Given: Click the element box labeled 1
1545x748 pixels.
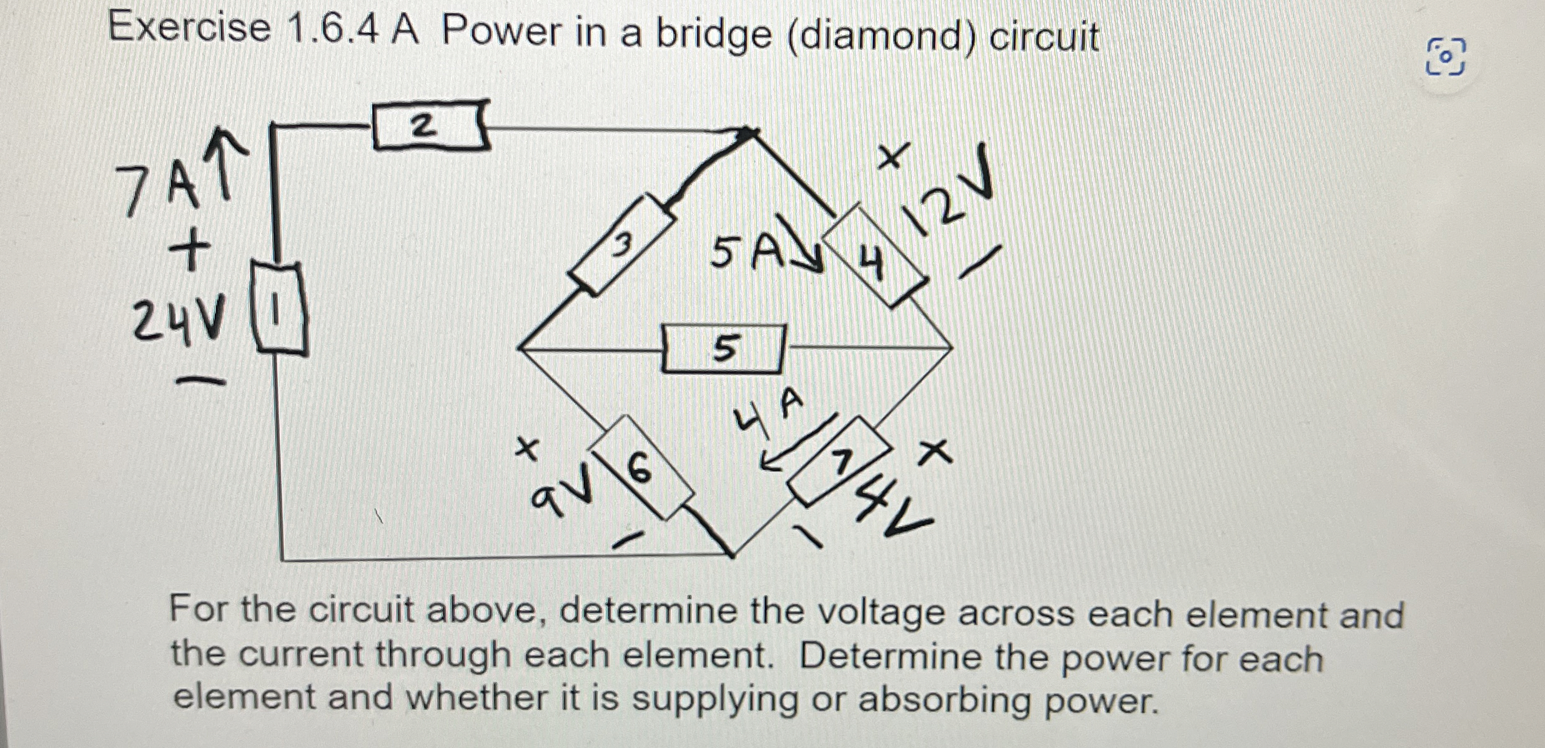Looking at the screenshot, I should pyautogui.click(x=279, y=309).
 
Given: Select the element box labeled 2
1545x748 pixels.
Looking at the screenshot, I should pyautogui.click(x=430, y=127).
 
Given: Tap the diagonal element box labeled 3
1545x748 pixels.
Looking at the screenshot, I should pyautogui.click(x=622, y=245).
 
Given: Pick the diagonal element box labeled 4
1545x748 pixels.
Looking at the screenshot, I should pyautogui.click(x=874, y=256).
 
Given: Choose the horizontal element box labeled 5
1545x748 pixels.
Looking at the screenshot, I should pyautogui.click(x=723, y=349).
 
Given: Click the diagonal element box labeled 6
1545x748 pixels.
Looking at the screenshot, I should pyautogui.click(x=642, y=467).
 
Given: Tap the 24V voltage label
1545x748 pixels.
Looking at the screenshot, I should pyautogui.click(x=179, y=321).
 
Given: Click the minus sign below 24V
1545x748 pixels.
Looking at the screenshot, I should pyautogui.click(x=200, y=381).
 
